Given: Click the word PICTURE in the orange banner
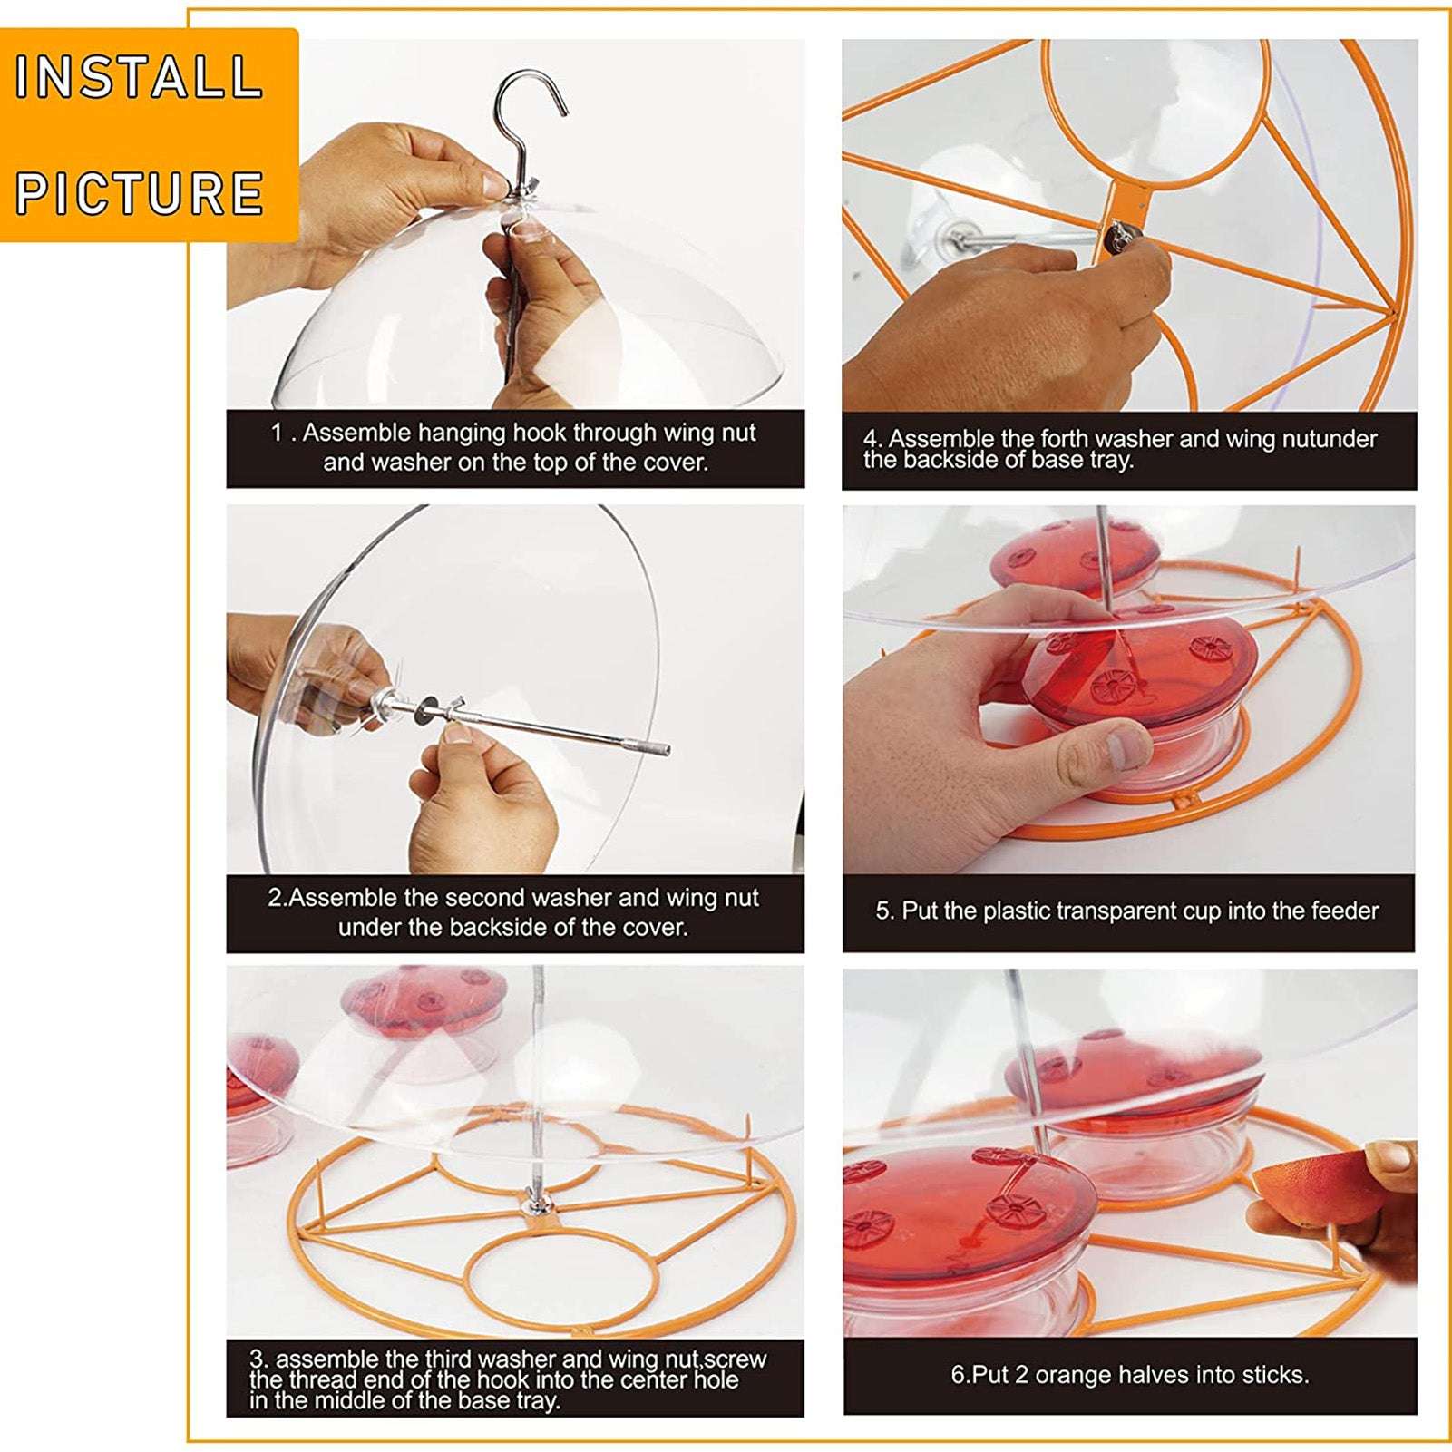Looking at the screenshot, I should point(139,193).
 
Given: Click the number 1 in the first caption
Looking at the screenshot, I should point(277,433).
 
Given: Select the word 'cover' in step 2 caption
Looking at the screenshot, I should point(655,927).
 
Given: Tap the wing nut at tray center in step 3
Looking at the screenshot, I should point(537,1204).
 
